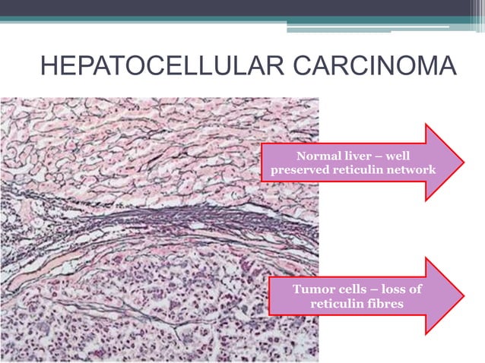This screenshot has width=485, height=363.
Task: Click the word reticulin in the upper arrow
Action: point(356,169)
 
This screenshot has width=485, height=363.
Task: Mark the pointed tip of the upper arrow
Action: point(463,162)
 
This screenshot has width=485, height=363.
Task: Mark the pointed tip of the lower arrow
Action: point(463,296)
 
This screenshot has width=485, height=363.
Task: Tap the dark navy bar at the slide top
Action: point(242,8)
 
